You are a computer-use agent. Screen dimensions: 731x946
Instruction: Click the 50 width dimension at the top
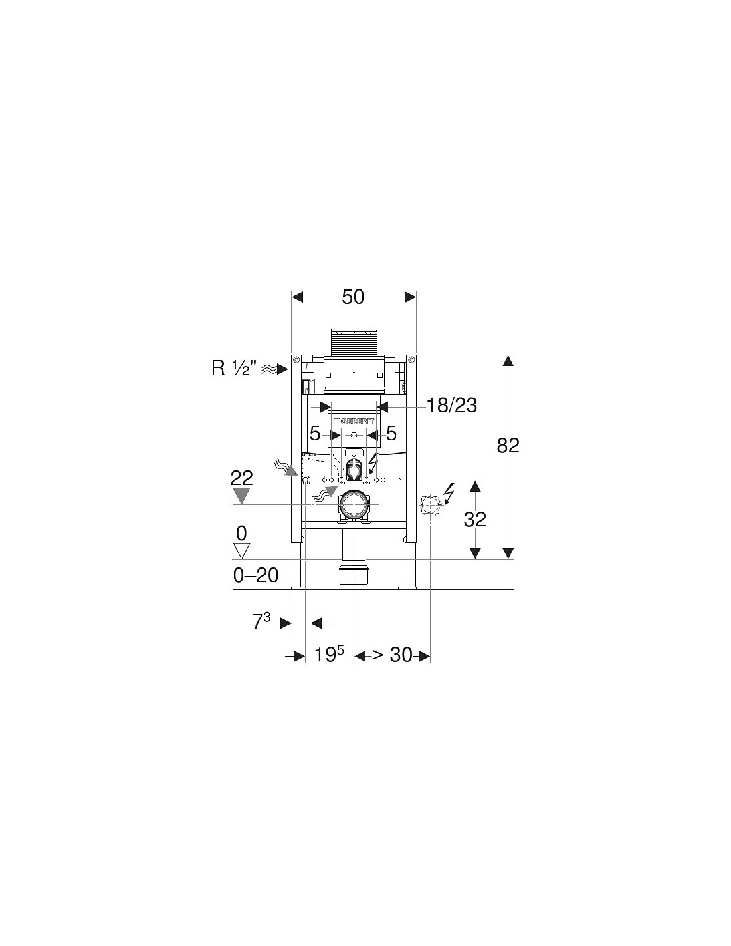tap(352, 297)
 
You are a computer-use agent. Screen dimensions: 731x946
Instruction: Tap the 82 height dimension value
tap(508, 446)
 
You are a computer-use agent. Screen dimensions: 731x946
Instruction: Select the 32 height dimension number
tap(474, 520)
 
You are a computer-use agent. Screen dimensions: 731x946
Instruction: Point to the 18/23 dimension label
tap(451, 406)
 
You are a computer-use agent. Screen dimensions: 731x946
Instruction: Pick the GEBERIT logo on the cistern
tap(354, 421)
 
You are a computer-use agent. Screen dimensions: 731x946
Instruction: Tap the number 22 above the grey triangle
tap(242, 479)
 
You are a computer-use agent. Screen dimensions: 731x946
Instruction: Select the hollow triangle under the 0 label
tap(241, 551)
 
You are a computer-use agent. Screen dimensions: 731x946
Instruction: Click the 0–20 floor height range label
tap(256, 576)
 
